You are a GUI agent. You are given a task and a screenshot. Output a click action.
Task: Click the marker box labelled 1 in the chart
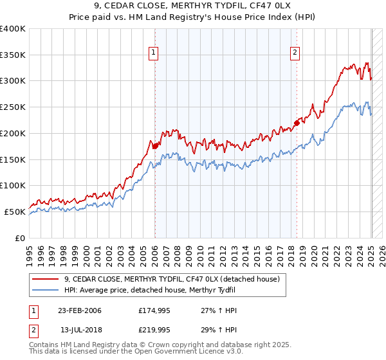pos(154,53)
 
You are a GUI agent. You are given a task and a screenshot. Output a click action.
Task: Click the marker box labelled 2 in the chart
pos(295,53)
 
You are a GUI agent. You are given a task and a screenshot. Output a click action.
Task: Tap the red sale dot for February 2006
pos(155,146)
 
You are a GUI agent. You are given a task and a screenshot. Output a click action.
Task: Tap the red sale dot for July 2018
pos(297,123)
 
